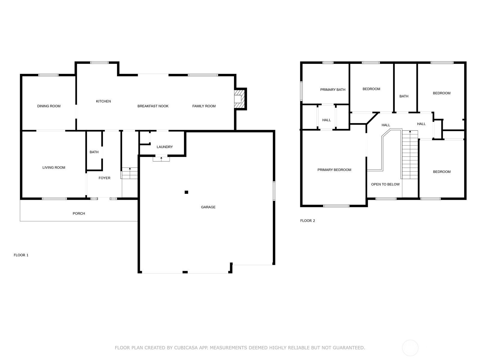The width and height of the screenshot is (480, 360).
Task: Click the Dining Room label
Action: point(49,106)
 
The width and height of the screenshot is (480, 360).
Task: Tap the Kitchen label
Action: point(103,101)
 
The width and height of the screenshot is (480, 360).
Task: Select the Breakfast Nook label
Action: point(153,106)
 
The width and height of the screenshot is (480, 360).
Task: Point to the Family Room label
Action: point(204,106)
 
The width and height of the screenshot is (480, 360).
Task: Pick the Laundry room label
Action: point(165,147)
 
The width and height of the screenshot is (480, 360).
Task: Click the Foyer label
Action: point(104,178)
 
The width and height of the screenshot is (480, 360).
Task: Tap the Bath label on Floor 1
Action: point(94,152)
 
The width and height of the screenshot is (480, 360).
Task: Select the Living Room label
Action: point(54,167)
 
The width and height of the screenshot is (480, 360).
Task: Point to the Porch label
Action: point(79,213)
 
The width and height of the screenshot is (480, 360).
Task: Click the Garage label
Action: point(208,207)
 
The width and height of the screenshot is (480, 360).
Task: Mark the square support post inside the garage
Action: point(186,192)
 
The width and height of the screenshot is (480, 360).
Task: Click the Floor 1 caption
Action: point(21,255)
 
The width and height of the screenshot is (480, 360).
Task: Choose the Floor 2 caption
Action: point(307,220)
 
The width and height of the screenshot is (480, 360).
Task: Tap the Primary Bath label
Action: point(333,90)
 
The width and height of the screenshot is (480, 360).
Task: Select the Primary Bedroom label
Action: point(334,170)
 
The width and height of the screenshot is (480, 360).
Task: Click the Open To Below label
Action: point(385,184)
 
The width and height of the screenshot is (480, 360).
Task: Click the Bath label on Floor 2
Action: point(404,96)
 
